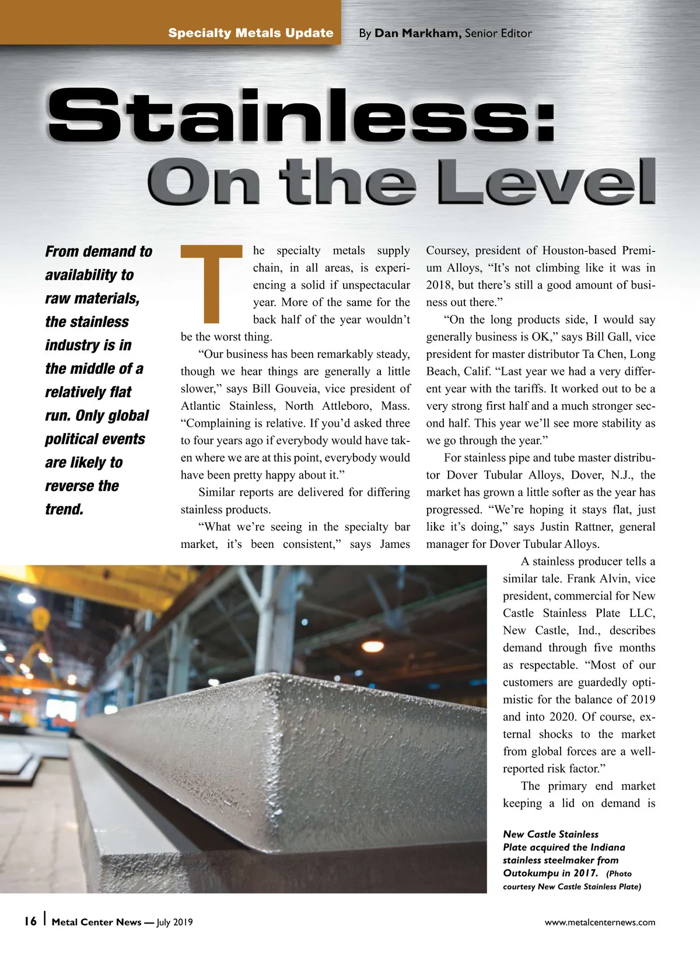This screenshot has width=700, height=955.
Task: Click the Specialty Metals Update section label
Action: (251, 33)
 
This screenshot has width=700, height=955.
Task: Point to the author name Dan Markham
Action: (417, 33)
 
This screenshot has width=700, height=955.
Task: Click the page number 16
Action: (30, 922)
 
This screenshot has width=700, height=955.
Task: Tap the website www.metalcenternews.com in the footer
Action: (600, 922)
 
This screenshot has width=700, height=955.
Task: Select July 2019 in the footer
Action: (174, 922)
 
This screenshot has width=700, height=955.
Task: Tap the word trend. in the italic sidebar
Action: (64, 509)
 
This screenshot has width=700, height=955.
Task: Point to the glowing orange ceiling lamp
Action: (373, 645)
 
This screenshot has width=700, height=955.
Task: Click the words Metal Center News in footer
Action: (96, 922)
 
